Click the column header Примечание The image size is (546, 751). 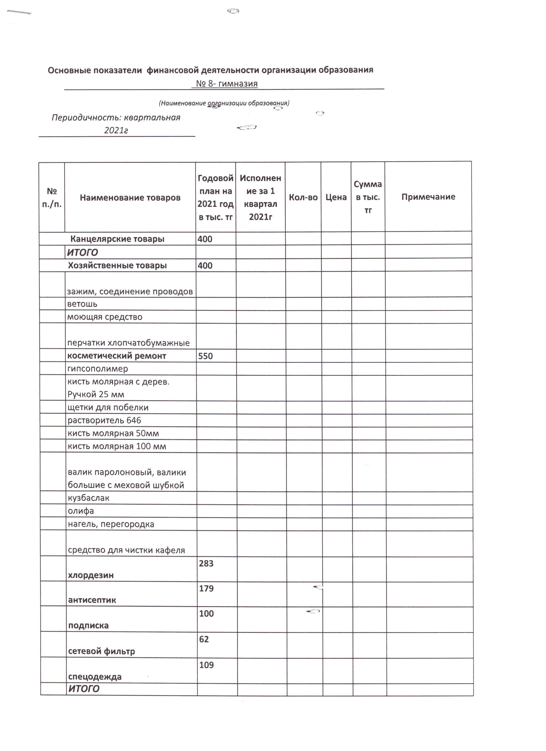coord(428,197)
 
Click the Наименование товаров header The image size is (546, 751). coord(130,198)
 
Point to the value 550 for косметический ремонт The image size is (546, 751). coord(205,356)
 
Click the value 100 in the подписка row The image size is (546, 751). coord(206,614)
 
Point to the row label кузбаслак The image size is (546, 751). coord(88,498)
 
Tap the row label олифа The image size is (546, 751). coord(81,511)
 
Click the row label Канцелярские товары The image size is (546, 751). coord(117,239)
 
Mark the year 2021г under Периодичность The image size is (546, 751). coord(116,131)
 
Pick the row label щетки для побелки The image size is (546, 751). coord(108,408)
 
